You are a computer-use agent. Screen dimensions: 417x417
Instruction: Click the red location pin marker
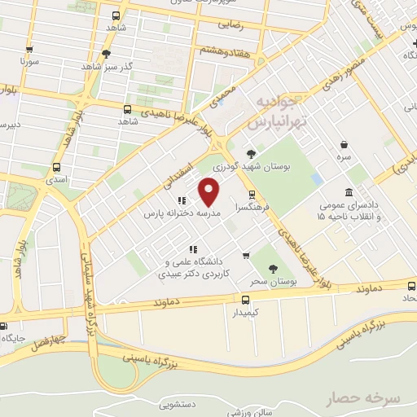pos(211,192)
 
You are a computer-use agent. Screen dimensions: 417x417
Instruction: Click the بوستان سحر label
pos(270,282)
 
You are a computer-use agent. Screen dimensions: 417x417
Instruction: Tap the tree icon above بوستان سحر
pos(273,268)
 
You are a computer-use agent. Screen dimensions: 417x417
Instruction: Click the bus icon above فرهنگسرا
pos(252,195)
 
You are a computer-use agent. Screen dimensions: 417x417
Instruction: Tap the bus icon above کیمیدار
pos(235,299)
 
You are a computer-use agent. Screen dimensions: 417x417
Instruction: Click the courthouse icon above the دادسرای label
pos(349,193)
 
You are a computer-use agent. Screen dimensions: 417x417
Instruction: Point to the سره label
pos(346,154)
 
